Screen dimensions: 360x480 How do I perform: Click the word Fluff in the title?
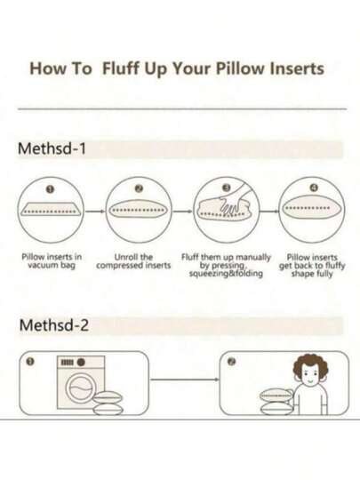click(120, 68)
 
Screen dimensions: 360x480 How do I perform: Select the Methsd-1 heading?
click(52, 148)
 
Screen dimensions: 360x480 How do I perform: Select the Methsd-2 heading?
click(54, 324)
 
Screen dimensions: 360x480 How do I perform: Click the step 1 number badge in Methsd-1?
click(50, 189)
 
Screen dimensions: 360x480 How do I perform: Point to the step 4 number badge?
click(314, 188)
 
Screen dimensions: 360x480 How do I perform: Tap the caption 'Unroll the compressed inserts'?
click(133, 261)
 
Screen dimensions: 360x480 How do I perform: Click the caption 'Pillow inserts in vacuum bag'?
click(52, 260)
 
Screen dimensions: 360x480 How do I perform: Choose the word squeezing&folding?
click(226, 273)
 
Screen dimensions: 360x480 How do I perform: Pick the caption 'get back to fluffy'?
click(312, 266)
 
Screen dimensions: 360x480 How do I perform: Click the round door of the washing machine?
click(79, 388)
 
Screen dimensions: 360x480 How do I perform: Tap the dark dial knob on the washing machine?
click(81, 363)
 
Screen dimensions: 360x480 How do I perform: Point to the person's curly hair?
click(310, 365)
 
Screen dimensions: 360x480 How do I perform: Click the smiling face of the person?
click(310, 378)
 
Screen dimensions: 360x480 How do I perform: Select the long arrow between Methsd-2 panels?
click(185, 380)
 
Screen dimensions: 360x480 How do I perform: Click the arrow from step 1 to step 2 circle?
click(94, 212)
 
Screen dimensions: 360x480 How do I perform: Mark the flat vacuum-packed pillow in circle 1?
click(50, 210)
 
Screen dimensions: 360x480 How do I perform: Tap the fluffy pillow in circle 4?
click(312, 208)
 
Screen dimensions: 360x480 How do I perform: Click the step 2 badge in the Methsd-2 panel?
click(231, 362)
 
